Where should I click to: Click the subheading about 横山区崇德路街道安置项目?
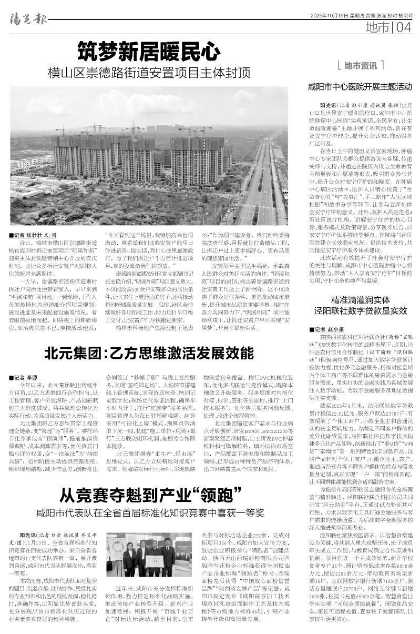pos(149,73)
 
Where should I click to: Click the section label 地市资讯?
pos(361,66)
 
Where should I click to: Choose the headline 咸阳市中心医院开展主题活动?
pos(360,86)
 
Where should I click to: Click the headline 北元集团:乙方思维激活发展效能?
pos(149,352)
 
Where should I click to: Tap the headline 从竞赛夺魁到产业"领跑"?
pos(149,495)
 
